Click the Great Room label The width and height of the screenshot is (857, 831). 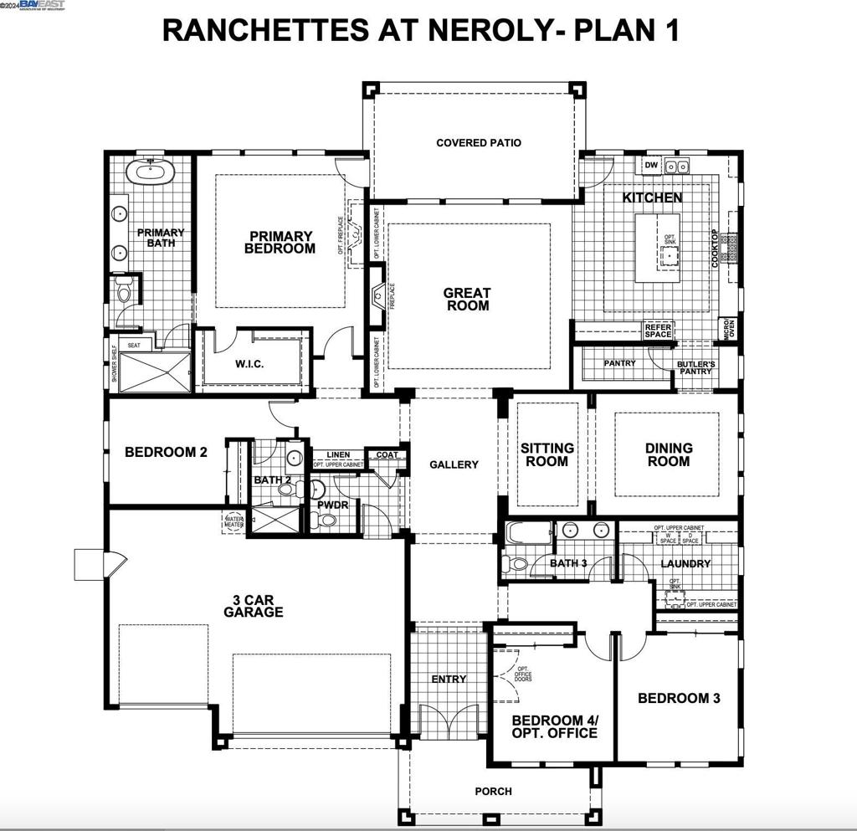coord(468,300)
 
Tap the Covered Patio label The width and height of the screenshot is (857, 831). coord(479,143)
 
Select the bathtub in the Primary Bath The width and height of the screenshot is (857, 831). coord(150,173)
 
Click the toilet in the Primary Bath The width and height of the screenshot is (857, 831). coord(124,290)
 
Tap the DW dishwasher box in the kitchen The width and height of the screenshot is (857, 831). coord(651,166)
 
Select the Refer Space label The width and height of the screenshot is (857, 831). coord(658,331)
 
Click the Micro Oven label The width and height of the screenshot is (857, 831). coord(730,329)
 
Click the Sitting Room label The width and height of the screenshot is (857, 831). coord(547,454)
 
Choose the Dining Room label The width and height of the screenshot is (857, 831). coord(668,454)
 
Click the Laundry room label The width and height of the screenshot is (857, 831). coord(685,564)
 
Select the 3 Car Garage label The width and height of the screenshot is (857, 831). coord(253,605)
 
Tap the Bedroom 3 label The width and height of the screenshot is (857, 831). coord(679,698)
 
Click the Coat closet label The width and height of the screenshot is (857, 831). coord(387,455)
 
